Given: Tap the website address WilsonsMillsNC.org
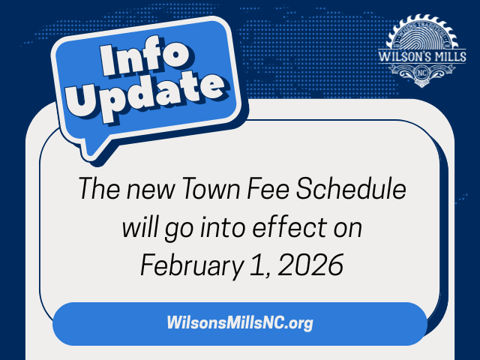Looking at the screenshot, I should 239,324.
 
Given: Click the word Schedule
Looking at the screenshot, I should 359,190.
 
